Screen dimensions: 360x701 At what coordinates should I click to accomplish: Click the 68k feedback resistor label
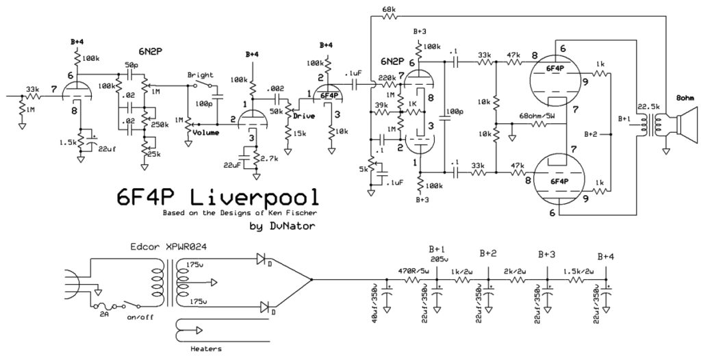coord(388,10)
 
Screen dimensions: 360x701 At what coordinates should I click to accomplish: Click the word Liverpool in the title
coord(253,198)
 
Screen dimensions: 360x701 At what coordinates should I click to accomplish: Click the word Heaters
coord(204,348)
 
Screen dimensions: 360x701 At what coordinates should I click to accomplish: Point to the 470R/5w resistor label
coord(415,271)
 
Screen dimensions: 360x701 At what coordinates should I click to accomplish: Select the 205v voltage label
coord(438,259)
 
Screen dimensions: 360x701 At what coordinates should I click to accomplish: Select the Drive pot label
coord(304,116)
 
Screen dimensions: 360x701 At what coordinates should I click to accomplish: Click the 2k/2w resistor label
coord(517,271)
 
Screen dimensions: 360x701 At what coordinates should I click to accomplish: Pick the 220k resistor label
coord(387,77)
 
